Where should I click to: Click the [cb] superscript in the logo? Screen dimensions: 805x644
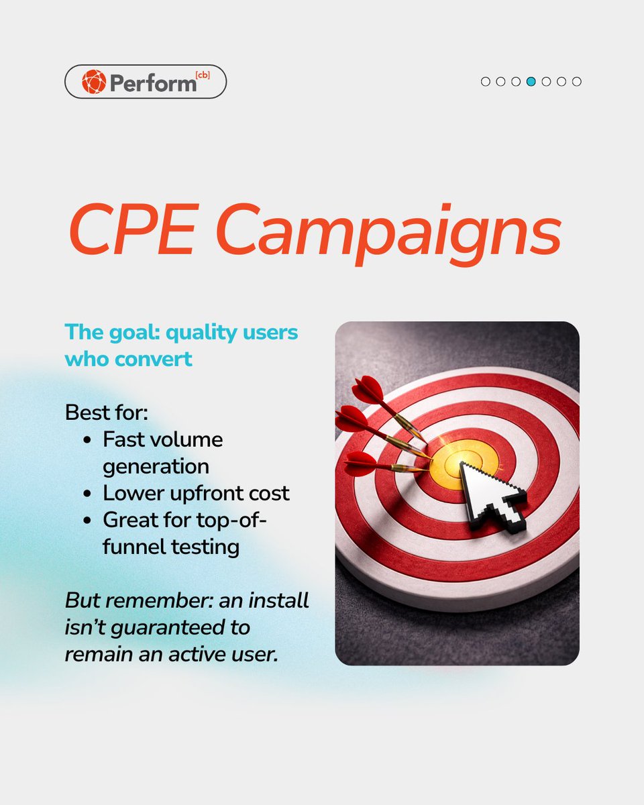tap(203, 75)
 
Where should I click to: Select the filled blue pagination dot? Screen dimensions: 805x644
tap(531, 82)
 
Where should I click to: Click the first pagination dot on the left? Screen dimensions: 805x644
tap(486, 82)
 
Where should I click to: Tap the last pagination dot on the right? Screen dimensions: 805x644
tap(577, 82)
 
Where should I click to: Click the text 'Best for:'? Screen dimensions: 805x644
tap(106, 412)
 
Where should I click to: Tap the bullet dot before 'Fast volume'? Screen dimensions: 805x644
tap(89, 441)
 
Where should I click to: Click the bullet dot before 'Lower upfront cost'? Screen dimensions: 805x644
tap(89, 494)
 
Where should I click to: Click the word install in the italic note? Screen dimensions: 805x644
tap(276, 600)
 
